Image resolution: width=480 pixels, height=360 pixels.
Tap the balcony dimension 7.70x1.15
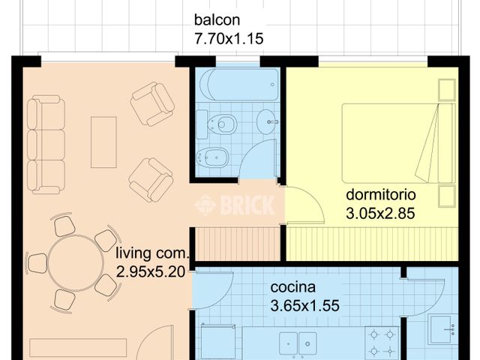click(229, 39)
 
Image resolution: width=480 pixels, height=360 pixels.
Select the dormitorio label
click(381, 193)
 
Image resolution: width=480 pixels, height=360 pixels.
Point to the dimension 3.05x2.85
click(380, 212)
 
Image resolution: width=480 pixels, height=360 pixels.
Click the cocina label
click(292, 287)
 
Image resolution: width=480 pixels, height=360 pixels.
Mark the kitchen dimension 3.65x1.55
click(304, 305)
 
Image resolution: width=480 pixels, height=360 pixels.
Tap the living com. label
click(153, 255)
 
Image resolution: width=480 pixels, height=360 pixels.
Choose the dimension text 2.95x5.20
click(150, 273)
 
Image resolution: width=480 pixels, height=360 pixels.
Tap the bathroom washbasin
click(266, 121)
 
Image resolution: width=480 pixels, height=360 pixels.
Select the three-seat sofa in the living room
click(45, 143)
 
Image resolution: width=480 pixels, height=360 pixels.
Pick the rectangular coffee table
click(103, 142)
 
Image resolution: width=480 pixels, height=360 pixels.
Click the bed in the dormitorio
click(397, 142)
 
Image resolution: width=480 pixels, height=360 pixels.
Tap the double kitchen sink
click(298, 344)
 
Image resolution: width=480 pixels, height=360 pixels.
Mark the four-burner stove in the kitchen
click(382, 343)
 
